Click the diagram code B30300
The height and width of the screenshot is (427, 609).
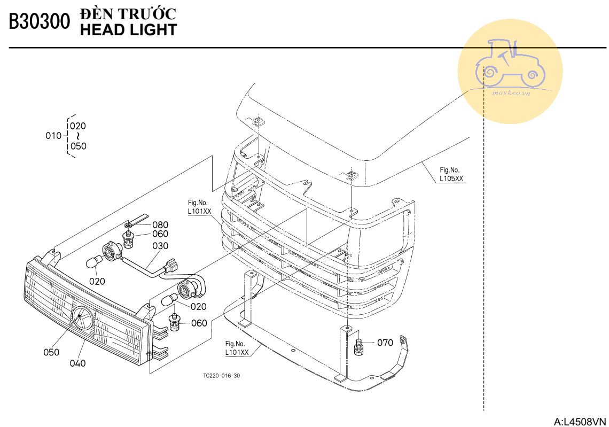pos(39,21)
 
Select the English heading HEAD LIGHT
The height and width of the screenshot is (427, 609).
pos(129,30)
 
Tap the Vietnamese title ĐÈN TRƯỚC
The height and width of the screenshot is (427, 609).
pos(128,13)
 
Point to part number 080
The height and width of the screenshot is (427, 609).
pos(160,224)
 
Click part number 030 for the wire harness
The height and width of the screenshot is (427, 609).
pos(160,246)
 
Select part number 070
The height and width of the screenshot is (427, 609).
pos(385,343)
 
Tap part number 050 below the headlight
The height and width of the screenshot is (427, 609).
pos(51,352)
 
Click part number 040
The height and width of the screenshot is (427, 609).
pos(77,363)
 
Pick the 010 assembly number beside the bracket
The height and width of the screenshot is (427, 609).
pos(53,136)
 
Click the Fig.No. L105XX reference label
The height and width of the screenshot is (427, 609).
pos(451,174)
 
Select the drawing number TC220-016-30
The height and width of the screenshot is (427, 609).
pos(221,376)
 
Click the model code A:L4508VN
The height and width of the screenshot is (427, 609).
pos(580,422)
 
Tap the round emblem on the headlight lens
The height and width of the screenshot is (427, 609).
pos(83,317)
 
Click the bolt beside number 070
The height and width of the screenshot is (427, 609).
pos(358,346)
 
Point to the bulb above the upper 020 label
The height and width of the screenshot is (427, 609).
pos(95,262)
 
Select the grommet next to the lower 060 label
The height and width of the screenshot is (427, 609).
pos(174,321)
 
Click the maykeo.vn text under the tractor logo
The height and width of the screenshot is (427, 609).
pos(511,93)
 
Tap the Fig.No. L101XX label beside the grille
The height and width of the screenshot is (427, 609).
pos(199,207)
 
